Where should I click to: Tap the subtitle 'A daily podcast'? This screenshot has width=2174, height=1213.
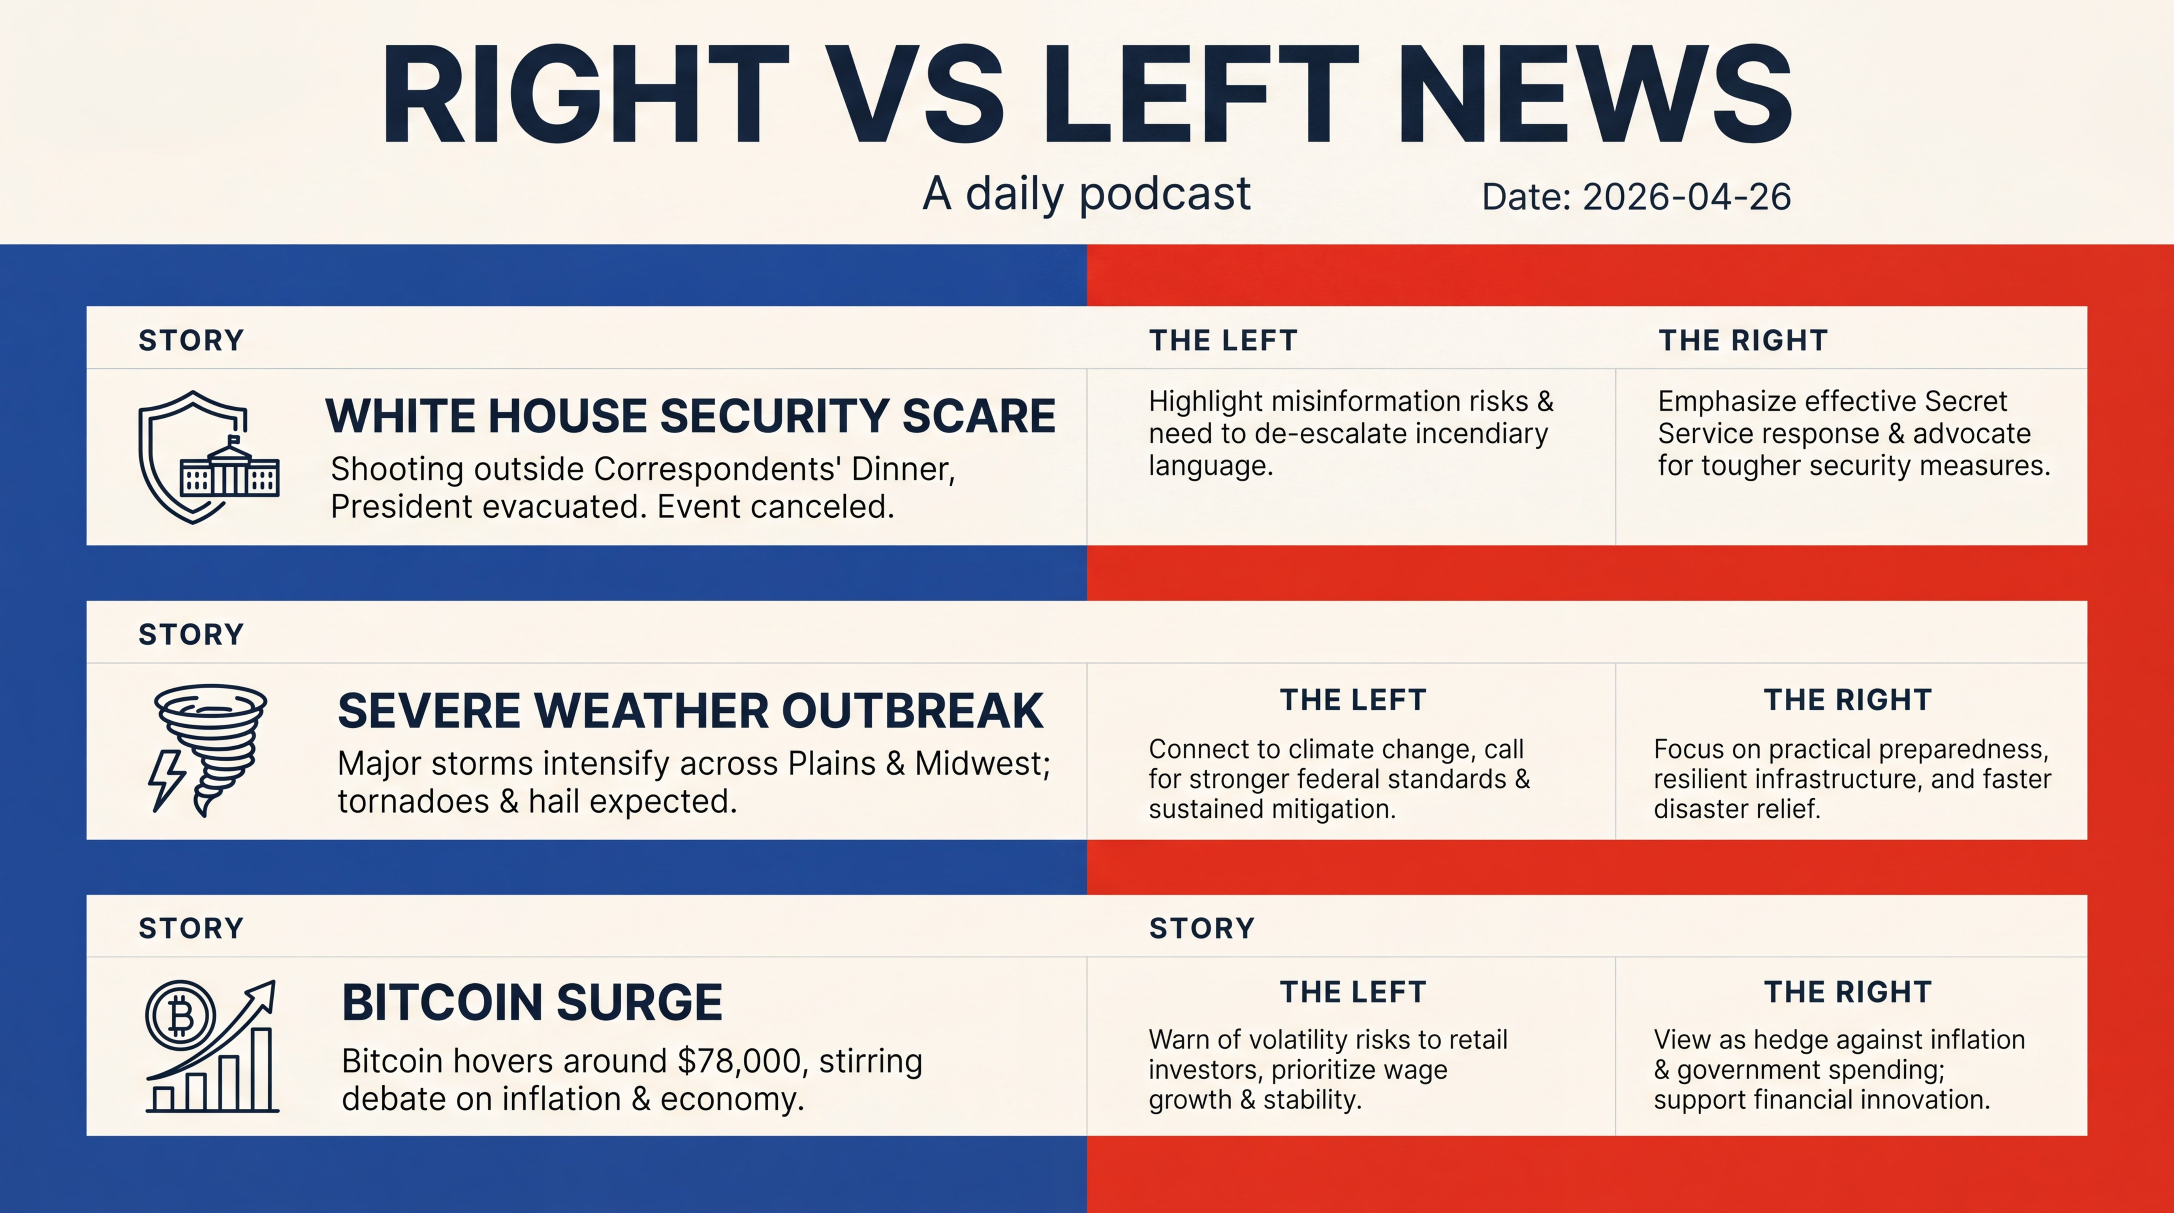[1086, 194]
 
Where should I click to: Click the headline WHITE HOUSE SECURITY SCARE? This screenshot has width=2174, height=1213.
[690, 416]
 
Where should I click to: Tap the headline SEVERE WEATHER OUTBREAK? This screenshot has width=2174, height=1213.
[690, 710]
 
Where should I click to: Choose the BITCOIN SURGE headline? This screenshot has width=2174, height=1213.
[532, 1002]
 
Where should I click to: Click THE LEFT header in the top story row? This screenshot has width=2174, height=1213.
[1223, 341]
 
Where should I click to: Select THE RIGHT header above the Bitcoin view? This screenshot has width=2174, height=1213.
[1847, 992]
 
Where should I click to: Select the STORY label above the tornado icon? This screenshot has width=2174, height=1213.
[191, 634]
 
